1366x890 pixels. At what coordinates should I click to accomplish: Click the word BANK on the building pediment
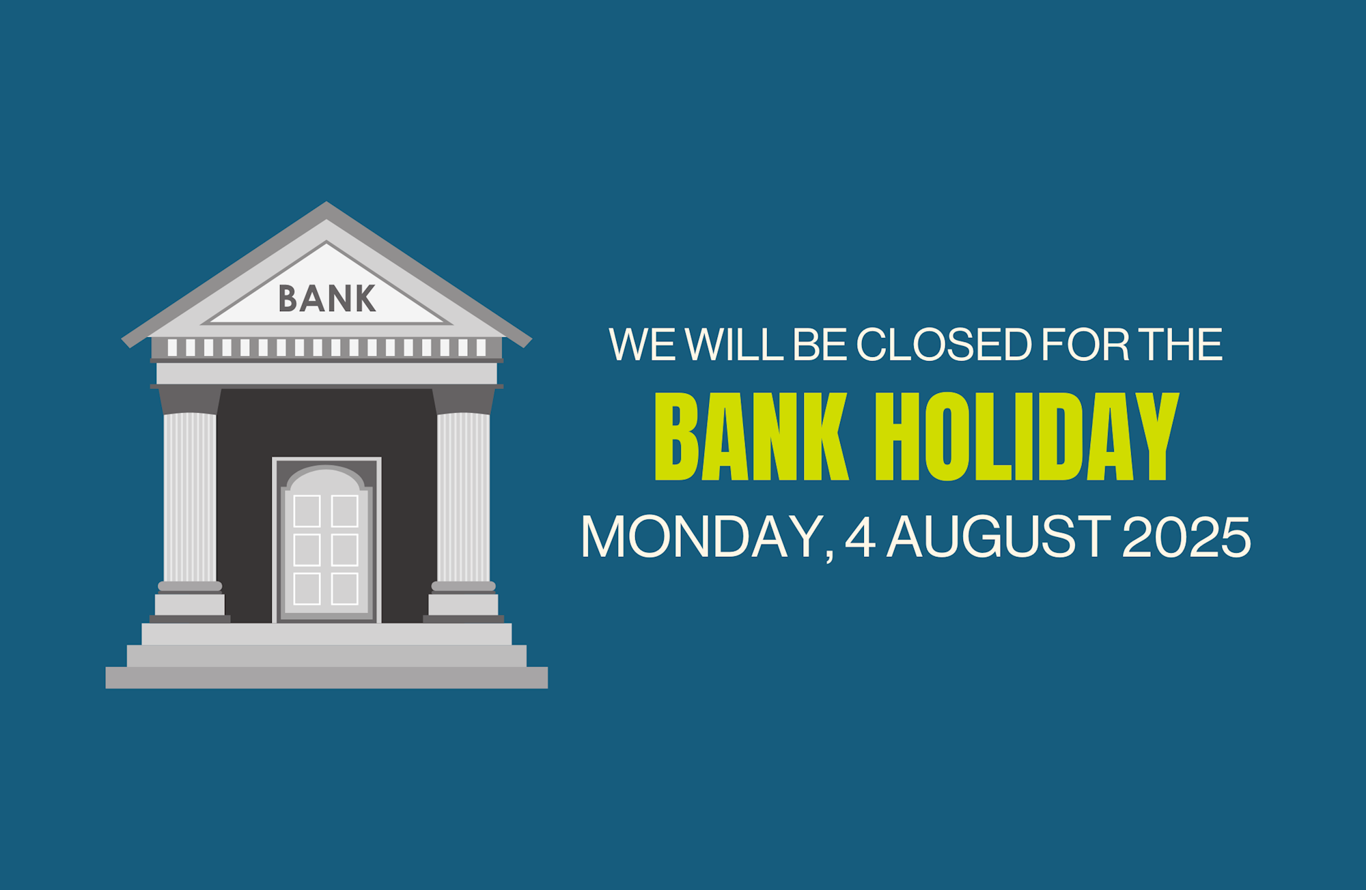coord(327,299)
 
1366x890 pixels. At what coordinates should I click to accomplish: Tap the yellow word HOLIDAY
coord(1027,437)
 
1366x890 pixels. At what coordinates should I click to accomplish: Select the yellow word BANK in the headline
coord(751,437)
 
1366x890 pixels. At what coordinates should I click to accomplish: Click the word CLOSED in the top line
coord(944,344)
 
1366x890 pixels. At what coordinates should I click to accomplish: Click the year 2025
coord(1186,536)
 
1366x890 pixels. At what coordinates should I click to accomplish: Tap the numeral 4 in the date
coord(861,536)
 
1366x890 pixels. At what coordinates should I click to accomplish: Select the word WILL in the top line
coord(734,344)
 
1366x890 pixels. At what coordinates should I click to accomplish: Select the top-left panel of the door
coord(307,511)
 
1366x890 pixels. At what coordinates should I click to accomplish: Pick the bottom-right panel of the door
coord(345,588)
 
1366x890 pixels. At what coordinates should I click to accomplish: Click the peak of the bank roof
coord(326,203)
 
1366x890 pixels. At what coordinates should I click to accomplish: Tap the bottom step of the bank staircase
coord(326,678)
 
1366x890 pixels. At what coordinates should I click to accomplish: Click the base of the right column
coord(464,605)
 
